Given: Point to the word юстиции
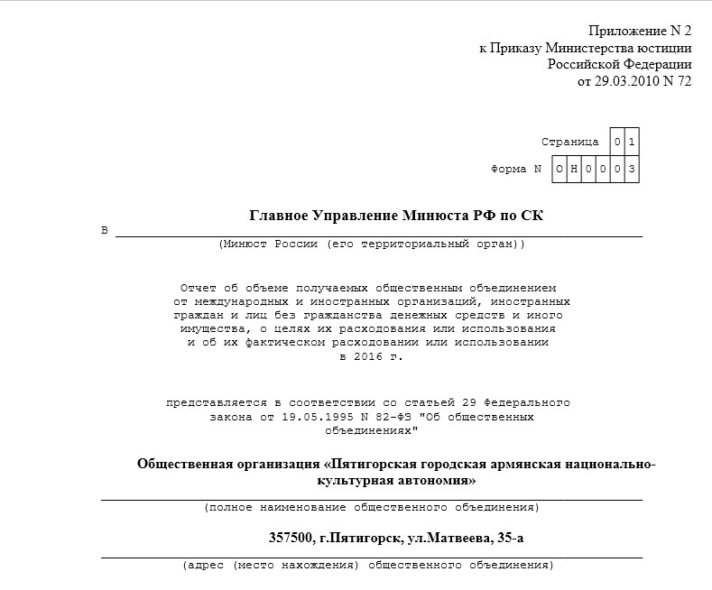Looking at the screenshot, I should pyautogui.click(x=665, y=48).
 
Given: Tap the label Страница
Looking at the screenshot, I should pyautogui.click(x=569, y=143).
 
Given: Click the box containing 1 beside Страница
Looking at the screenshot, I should pyautogui.click(x=632, y=143).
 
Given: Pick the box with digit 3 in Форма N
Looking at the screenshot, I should pyautogui.click(x=632, y=169).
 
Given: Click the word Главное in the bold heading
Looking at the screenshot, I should pyautogui.click(x=278, y=215).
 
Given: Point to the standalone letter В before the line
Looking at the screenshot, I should pyautogui.click(x=105, y=231).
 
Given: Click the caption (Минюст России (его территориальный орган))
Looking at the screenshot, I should pyautogui.click(x=371, y=244).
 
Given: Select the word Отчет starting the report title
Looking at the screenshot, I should pyautogui.click(x=199, y=288).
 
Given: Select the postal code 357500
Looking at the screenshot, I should pyautogui.click(x=291, y=539).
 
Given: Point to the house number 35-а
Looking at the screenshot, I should pyautogui.click(x=507, y=539).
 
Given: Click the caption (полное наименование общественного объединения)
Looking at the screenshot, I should pyautogui.click(x=371, y=507).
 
